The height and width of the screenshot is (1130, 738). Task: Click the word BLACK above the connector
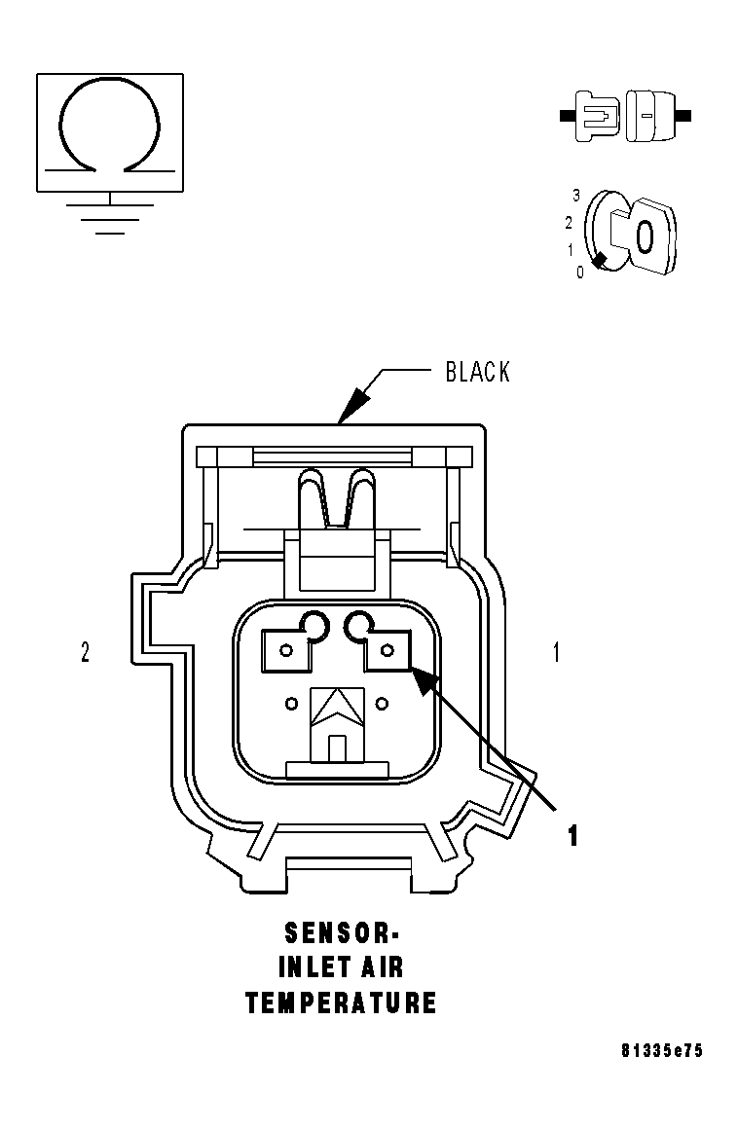click(477, 372)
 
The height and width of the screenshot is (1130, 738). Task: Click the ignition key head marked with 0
click(645, 235)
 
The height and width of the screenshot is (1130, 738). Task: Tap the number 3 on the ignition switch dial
click(576, 196)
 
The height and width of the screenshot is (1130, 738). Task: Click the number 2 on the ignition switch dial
click(569, 222)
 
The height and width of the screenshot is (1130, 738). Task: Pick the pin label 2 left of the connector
click(86, 653)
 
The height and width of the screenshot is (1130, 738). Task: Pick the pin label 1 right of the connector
click(556, 653)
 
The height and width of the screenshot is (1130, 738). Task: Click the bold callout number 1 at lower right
click(573, 835)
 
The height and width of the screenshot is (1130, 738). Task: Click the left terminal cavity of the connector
click(287, 649)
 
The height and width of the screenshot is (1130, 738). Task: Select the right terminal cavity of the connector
click(387, 649)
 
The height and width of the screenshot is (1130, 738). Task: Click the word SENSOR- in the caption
click(342, 933)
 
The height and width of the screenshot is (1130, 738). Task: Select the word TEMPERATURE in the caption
click(342, 1002)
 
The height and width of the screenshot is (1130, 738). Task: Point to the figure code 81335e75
click(662, 1051)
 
